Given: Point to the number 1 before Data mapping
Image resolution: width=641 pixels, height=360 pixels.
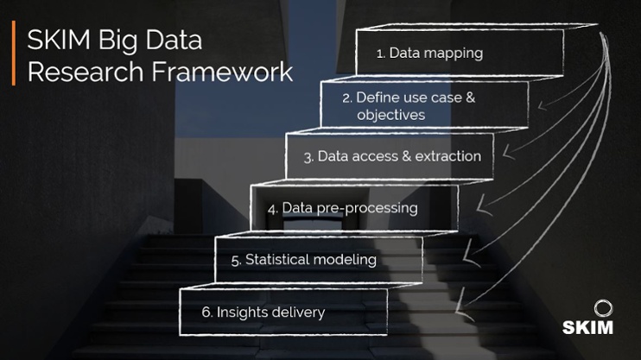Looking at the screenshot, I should [380, 54].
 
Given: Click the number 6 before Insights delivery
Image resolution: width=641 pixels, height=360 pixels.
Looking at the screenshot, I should [206, 312].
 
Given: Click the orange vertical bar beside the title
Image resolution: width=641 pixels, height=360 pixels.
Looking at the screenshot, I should [13, 54].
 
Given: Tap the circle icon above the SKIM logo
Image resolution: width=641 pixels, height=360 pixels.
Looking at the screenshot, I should [602, 308].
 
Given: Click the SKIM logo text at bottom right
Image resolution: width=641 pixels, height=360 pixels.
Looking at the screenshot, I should [588, 327].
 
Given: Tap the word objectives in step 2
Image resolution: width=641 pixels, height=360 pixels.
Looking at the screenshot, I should [390, 115].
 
